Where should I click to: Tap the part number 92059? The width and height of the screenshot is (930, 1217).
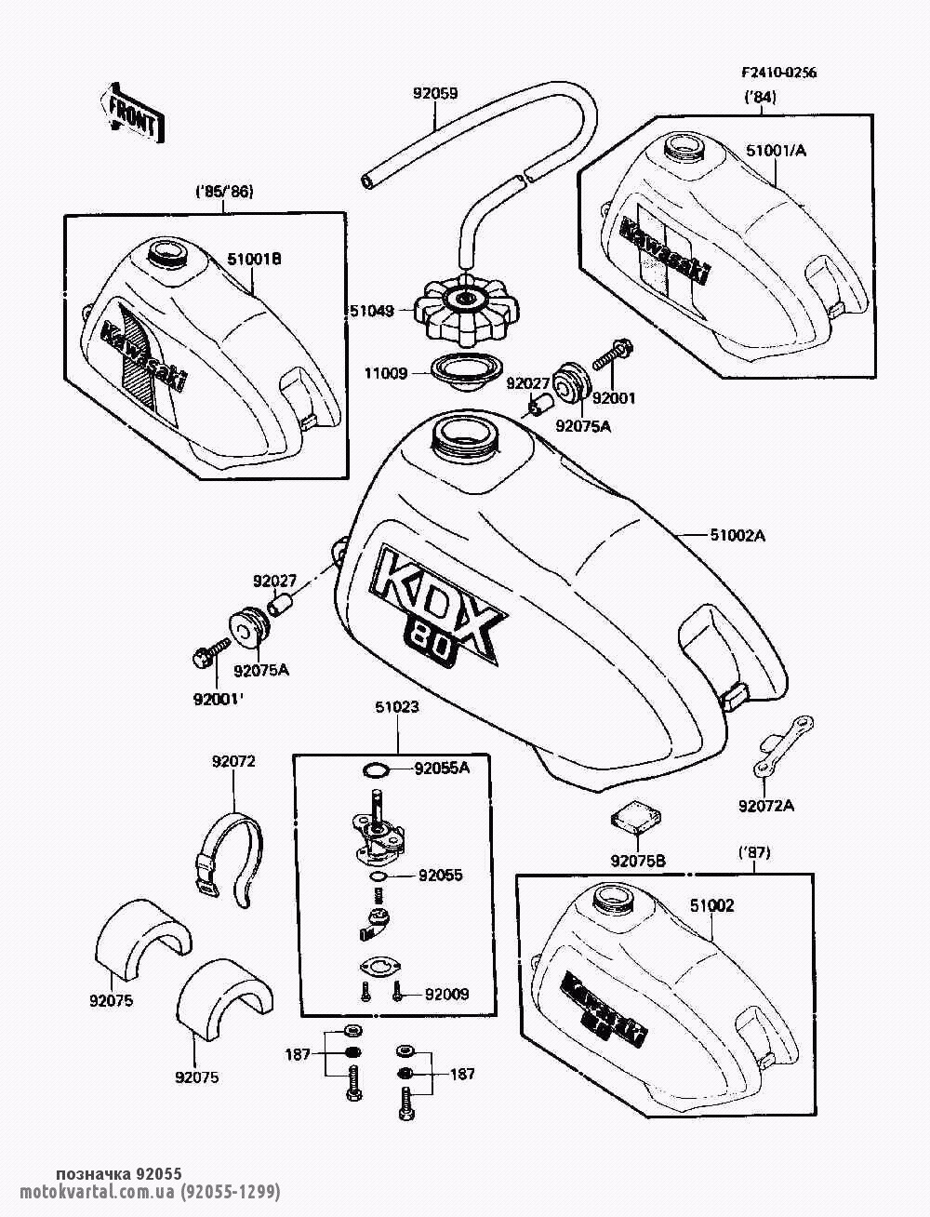435,93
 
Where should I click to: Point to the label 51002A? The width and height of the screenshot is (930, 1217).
737,535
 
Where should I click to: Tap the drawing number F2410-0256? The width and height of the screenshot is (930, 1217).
778,74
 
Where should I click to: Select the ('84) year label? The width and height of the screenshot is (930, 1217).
761,97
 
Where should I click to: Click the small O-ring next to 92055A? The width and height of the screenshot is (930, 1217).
373,769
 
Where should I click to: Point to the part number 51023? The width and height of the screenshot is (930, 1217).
398,707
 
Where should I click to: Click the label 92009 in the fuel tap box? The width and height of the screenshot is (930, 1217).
446,994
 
